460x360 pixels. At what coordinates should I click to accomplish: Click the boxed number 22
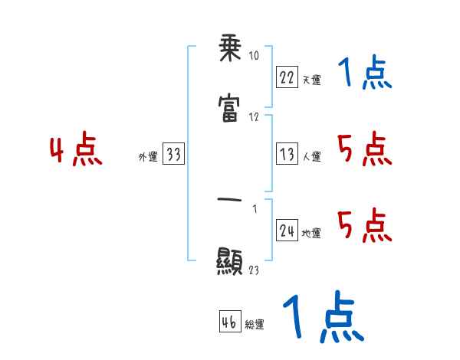point(287,77)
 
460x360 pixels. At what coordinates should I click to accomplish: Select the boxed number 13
point(287,154)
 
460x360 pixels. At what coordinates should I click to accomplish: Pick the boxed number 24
point(287,231)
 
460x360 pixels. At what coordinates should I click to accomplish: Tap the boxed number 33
point(173,154)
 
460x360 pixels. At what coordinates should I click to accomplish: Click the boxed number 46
point(229,322)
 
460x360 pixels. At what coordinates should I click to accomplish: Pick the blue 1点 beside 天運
point(365,74)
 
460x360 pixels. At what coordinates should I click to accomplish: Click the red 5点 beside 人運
point(365,149)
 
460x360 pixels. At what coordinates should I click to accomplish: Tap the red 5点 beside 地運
point(365,226)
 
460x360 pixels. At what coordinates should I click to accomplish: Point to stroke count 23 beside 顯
point(255,270)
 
